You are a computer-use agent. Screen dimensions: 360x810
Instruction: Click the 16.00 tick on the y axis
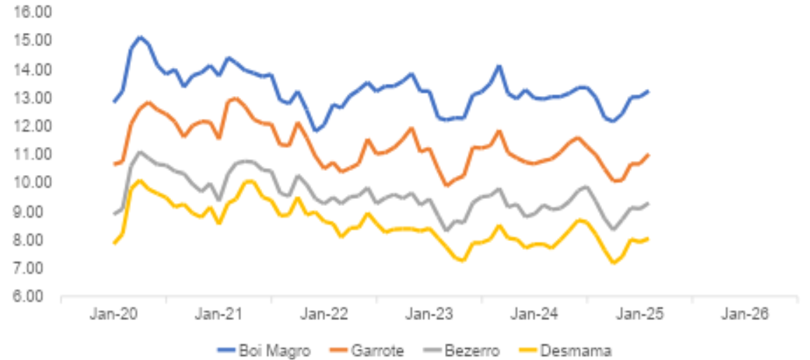[29, 13]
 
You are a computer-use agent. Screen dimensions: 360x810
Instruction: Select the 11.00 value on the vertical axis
[29, 155]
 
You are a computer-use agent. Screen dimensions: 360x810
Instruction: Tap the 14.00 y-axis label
[29, 69]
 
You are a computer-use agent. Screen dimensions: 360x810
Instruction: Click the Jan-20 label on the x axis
[114, 314]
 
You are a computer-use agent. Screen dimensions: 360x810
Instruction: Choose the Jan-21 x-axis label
[219, 314]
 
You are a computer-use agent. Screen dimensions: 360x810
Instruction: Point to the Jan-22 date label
[324, 314]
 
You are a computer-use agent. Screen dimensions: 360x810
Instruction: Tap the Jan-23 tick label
[430, 314]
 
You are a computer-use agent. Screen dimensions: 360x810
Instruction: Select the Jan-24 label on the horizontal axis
[535, 314]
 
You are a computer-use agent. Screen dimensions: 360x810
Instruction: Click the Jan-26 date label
[745, 314]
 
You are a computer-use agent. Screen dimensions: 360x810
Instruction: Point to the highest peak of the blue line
[140, 37]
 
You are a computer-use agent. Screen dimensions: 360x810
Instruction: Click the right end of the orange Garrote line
[648, 155]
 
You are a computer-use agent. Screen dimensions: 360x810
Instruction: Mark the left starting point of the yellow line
[114, 243]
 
